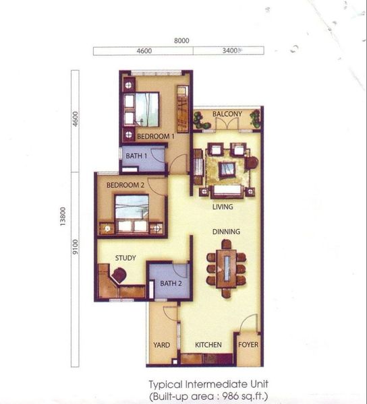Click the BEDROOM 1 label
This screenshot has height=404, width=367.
[156, 136]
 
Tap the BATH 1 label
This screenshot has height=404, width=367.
[136, 156]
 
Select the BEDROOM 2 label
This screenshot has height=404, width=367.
[125, 185]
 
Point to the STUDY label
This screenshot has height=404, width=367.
[125, 258]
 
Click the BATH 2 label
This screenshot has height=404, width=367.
[171, 283]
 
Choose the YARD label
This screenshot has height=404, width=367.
[161, 345]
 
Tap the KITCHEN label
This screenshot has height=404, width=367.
[208, 345]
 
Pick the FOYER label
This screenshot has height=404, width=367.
[248, 345]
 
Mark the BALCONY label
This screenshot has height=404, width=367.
[227, 114]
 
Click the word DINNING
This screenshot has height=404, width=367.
[226, 232]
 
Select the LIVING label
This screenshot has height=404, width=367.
[223, 207]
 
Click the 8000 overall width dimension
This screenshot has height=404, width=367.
[181, 40]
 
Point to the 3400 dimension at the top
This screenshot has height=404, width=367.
[229, 50]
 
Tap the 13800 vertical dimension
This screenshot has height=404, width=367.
[63, 217]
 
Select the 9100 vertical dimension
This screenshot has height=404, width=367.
[75, 247]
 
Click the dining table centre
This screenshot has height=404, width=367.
[227, 269]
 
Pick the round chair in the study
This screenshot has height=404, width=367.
[119, 275]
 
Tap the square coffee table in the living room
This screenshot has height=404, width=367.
[227, 169]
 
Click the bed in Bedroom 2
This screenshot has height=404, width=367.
[132, 214]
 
